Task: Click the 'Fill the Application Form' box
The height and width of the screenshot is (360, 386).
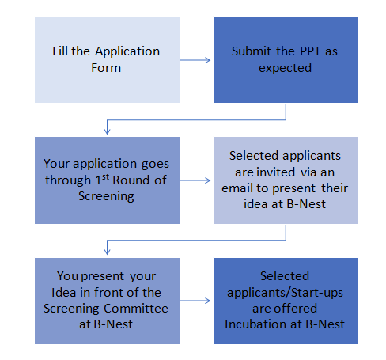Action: pos(107,59)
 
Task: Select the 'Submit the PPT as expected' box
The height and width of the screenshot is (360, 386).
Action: pos(286,59)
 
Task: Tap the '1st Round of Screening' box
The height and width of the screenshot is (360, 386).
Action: pos(107,180)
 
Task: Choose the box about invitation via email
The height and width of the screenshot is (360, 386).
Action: pos(286,180)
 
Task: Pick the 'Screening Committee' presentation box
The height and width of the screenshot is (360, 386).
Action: pos(107,301)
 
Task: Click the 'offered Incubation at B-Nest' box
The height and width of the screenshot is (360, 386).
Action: pos(286,301)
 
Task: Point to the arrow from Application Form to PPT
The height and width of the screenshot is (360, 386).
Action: pos(195,60)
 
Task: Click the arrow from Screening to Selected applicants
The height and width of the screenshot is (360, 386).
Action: pos(195,180)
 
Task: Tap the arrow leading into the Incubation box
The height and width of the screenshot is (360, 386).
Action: pos(195,301)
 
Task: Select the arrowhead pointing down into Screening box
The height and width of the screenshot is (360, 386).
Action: pos(107,131)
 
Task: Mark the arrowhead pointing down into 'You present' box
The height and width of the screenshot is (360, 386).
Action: pos(107,252)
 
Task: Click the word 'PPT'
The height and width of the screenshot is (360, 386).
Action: pos(307,51)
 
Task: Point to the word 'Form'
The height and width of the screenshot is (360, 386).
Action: pos(106,68)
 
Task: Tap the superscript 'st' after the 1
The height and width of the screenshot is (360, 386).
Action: pos(105,176)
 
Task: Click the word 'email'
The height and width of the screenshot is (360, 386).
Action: pos(237,188)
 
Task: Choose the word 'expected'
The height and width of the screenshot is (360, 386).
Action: pos(285,68)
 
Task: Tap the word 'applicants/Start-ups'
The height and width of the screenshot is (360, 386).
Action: pos(285,293)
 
